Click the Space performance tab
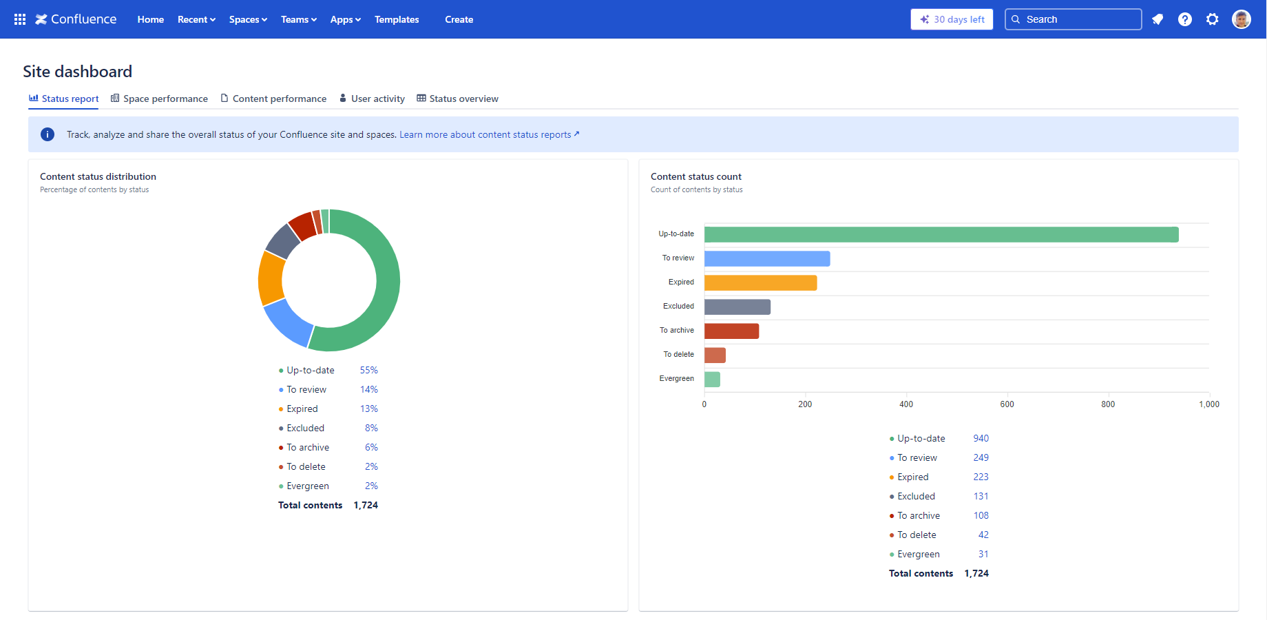click(x=159, y=99)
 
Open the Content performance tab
click(x=273, y=99)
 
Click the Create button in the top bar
click(x=459, y=19)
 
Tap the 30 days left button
click(x=952, y=19)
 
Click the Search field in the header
click(x=1073, y=19)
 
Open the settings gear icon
click(x=1212, y=19)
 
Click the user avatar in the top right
click(x=1241, y=19)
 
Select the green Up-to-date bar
click(x=941, y=235)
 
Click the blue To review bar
click(x=766, y=259)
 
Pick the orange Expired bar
click(x=760, y=283)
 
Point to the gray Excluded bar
click(x=737, y=307)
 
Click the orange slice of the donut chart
click(x=271, y=278)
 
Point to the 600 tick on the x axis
click(x=1007, y=404)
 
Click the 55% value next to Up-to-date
click(x=368, y=370)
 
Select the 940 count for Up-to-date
click(x=981, y=438)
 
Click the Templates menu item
click(x=397, y=19)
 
